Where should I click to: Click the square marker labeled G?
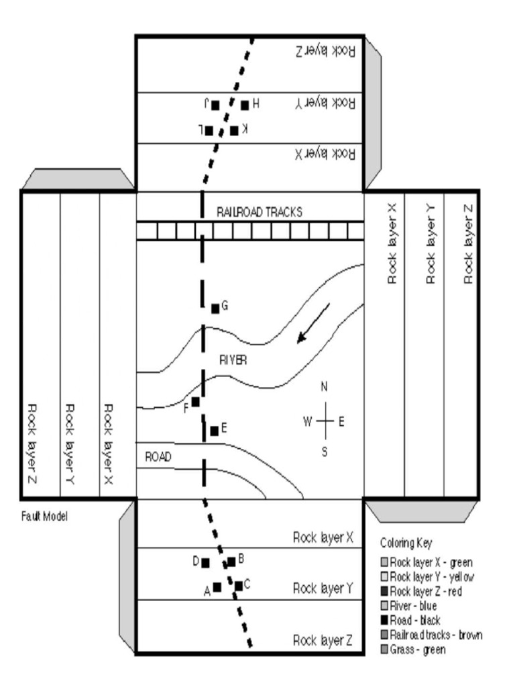215,309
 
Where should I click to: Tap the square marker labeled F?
195,402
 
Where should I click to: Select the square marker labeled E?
214,431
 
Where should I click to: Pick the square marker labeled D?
205,562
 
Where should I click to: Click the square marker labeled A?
217,588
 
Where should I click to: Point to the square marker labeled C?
239,586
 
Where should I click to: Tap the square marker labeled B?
231,562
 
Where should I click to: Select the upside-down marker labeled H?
245,105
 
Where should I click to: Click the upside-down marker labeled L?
209,130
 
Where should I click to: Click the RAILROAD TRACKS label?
259,212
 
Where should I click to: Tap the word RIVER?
233,360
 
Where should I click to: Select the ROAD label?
158,457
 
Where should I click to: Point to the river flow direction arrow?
314,323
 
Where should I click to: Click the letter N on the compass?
324,387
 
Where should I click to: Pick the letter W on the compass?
308,421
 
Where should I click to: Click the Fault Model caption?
44,517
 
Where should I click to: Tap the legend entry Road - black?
414,621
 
